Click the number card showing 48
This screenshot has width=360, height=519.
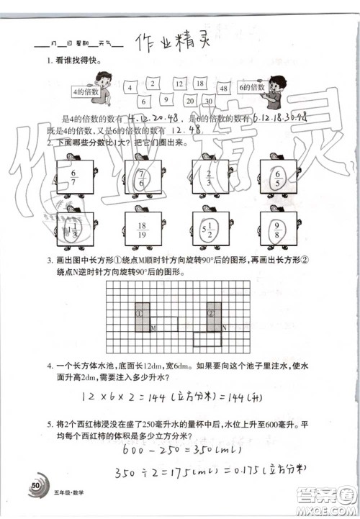tap(224, 89)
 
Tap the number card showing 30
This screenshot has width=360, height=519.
tap(208, 101)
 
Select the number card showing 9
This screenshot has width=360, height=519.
tap(165, 100)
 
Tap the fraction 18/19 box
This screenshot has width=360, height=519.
tap(141, 229)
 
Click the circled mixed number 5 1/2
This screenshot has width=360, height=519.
tap(207, 230)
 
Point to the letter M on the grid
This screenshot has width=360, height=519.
tap(153, 328)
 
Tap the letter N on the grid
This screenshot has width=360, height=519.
tap(225, 328)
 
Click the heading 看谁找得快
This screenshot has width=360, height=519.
tap(75, 63)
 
